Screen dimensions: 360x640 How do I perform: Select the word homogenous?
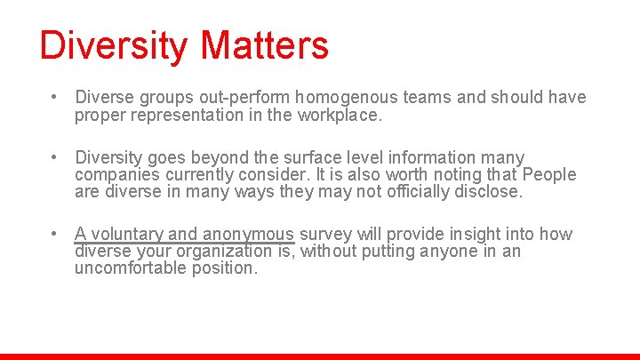pos(340,97)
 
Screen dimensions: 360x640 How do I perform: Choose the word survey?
pos(325,235)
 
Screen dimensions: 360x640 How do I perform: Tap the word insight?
pos(475,235)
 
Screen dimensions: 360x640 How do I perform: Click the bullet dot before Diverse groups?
pos(55,97)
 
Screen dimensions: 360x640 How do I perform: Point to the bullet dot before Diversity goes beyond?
pos(55,157)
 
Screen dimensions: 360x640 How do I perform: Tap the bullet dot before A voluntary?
pos(55,235)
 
